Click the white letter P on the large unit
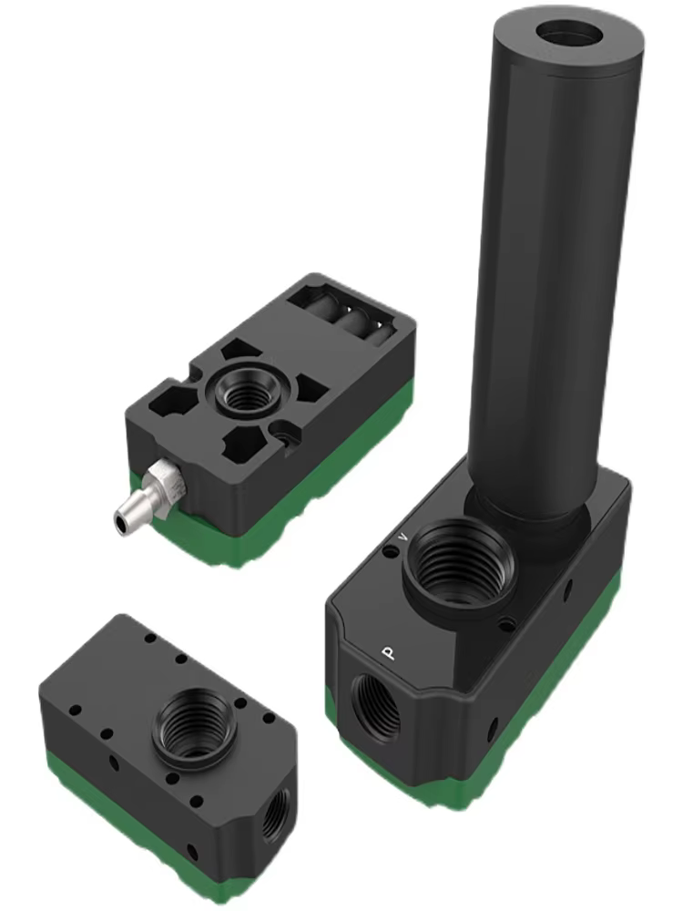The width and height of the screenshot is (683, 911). click(x=389, y=652)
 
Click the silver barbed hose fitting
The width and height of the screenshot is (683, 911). click(x=145, y=493)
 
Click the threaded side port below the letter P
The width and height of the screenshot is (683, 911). click(x=374, y=707)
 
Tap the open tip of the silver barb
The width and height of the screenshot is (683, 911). click(x=120, y=519)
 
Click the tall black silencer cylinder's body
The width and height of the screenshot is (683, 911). click(x=556, y=273)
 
